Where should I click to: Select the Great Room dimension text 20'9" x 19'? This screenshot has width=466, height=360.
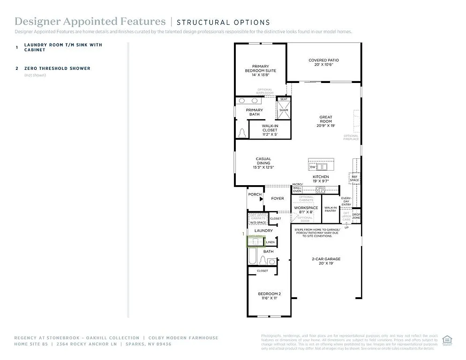(x=325, y=126)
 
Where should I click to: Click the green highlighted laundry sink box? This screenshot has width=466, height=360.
(x=256, y=241)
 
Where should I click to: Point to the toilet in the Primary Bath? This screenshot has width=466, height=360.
(x=242, y=133)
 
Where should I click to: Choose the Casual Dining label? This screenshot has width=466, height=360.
(x=263, y=161)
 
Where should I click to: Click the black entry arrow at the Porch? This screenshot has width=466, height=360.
(x=262, y=199)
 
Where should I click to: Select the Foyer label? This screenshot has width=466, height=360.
(x=278, y=198)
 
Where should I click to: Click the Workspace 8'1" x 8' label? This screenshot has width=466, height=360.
(x=306, y=210)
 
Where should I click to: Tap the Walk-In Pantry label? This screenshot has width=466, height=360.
(x=331, y=209)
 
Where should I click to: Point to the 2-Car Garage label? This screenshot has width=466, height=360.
(x=326, y=261)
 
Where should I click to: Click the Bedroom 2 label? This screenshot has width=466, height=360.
(x=269, y=296)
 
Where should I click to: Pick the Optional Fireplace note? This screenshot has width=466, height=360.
(x=351, y=137)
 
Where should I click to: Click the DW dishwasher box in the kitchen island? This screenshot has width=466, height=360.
(x=313, y=167)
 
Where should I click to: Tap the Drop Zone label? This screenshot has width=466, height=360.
(x=356, y=216)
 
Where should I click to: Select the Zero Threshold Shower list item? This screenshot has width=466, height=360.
(x=57, y=68)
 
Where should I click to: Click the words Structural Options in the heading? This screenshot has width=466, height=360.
(x=223, y=22)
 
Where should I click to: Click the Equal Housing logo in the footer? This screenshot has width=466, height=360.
(x=447, y=338)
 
